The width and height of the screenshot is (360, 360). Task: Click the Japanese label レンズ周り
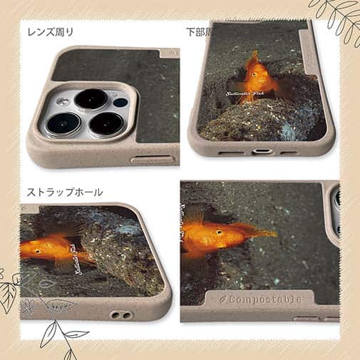click(x=50, y=32)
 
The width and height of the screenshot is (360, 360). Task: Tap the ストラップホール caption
click(x=64, y=192)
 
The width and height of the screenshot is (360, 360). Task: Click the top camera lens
click(x=91, y=98)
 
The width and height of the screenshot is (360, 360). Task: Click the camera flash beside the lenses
click(x=119, y=102)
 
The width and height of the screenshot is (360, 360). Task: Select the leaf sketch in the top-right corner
click(x=335, y=18)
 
